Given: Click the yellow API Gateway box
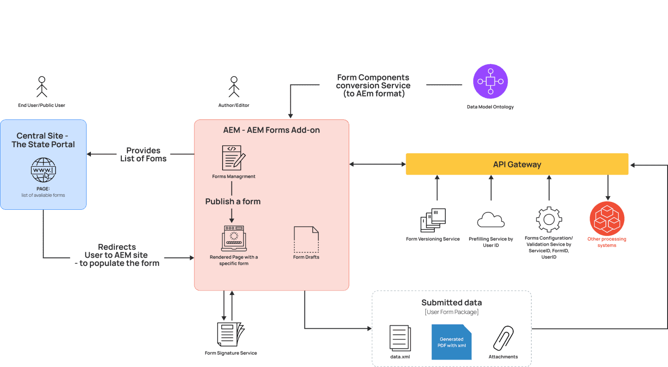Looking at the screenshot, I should point(517,164).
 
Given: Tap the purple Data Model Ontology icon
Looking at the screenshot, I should point(490,82).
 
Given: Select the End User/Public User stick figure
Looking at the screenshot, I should point(42,87).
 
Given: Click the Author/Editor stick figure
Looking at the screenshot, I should point(234,87).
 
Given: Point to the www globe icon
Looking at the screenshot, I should point(43,170).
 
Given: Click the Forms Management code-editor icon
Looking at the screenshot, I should point(234,158).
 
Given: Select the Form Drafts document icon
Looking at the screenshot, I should point(306,239).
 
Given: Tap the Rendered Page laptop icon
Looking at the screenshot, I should point(234,238).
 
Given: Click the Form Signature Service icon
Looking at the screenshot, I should point(230,334).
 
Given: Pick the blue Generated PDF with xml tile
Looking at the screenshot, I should point(451,342).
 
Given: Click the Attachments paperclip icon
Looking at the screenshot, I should point(504,338).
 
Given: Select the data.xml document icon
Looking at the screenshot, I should point(400,338).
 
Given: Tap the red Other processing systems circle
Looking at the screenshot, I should point(607,218).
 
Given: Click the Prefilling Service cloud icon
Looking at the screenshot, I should point(491,220).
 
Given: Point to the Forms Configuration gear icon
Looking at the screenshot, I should point(549,219).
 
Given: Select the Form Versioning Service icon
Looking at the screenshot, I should point(433,220).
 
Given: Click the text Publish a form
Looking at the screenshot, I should point(233,202).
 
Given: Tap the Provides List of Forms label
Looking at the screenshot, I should point(144,155).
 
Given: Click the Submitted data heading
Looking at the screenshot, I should point(451,303).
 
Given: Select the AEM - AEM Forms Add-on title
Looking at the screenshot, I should point(271,130).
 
